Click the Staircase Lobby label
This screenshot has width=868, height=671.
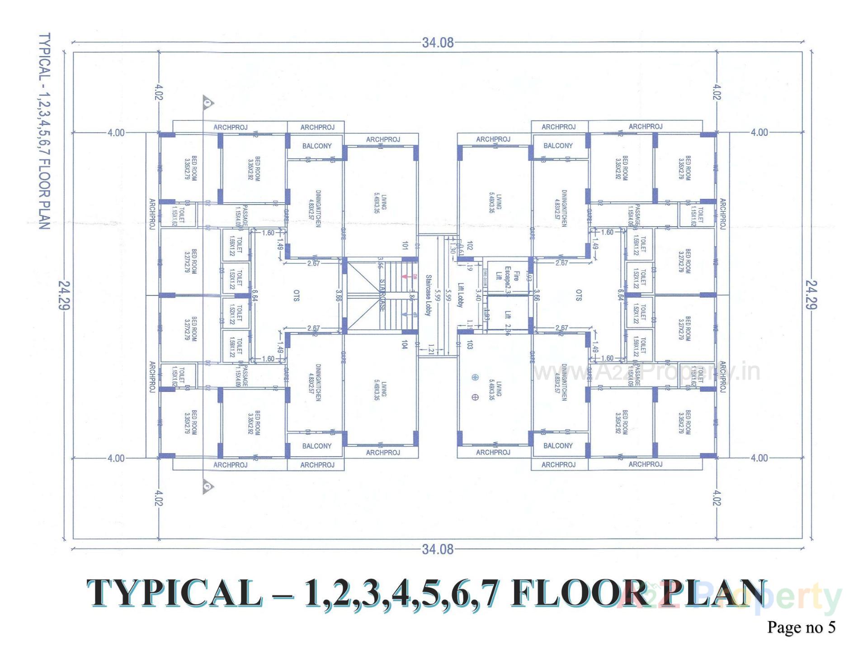[428, 295]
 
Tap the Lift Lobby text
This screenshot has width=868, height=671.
[460, 295]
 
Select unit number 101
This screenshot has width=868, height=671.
[405, 245]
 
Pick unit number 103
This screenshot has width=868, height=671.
[470, 345]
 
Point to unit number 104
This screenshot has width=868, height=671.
[405, 345]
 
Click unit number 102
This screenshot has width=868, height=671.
[470, 246]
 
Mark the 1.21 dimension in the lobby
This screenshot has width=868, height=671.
[431, 349]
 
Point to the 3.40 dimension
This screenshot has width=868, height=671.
[478, 295]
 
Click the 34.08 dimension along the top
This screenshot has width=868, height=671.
[437, 43]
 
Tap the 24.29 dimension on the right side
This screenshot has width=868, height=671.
[811, 295]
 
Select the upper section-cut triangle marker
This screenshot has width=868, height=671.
[208, 102]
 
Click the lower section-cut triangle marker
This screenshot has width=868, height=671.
[208, 486]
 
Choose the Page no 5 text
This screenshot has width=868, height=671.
[801, 627]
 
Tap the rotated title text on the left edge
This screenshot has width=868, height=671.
[44, 131]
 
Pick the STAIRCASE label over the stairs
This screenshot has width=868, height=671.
[382, 295]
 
